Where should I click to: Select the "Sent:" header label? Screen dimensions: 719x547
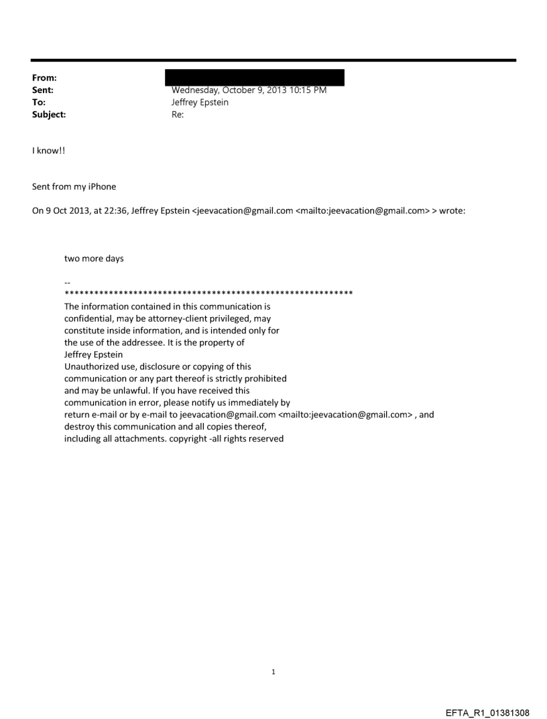pyautogui.click(x=42, y=90)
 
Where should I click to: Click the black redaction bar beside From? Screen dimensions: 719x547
pyautogui.click(x=257, y=77)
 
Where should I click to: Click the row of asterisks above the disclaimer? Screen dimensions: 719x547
pyautogui.click(x=208, y=294)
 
